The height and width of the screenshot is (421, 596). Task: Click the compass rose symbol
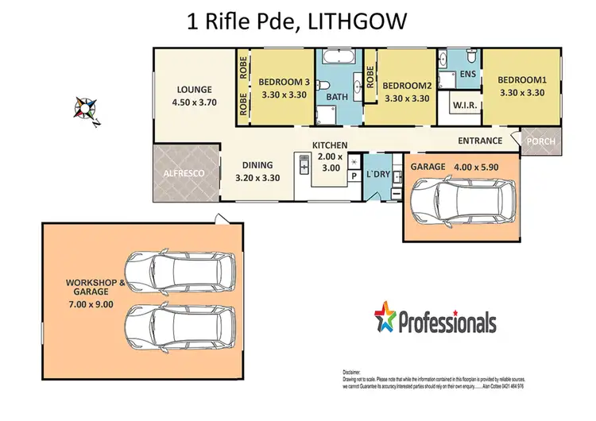pyautogui.click(x=85, y=108)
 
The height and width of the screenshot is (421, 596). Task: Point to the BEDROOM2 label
pyautogui.click(x=407, y=87)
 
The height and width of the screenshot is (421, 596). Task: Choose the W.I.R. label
pyautogui.click(x=464, y=106)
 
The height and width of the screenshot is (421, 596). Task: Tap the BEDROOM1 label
pyautogui.click(x=521, y=79)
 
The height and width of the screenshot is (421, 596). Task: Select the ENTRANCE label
pyautogui.click(x=480, y=141)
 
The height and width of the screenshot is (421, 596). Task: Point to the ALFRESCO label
pyautogui.click(x=184, y=173)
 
